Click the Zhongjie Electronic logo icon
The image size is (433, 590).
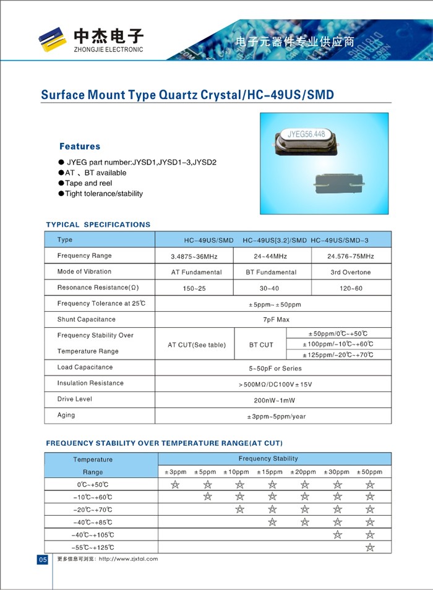tap(52, 39)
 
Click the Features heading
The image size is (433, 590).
tap(79, 147)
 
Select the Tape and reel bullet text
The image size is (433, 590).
tap(90, 183)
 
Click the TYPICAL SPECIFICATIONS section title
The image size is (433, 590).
tap(98, 224)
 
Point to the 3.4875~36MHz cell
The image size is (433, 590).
tap(194, 256)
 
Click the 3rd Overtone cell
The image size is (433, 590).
tap(351, 272)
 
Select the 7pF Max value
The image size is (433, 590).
tap(274, 320)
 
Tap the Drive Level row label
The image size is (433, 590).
tap(74, 399)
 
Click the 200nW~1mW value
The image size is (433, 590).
tap(274, 400)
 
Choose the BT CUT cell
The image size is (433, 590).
tap(261, 344)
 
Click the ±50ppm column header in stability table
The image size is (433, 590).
tap(370, 472)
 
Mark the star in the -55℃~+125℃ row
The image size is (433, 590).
tap(370, 547)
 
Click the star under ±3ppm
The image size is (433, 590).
tap(175, 484)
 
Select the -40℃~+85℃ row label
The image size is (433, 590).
tap(93, 522)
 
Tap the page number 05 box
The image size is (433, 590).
tap(43, 559)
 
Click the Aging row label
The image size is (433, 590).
tap(66, 415)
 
